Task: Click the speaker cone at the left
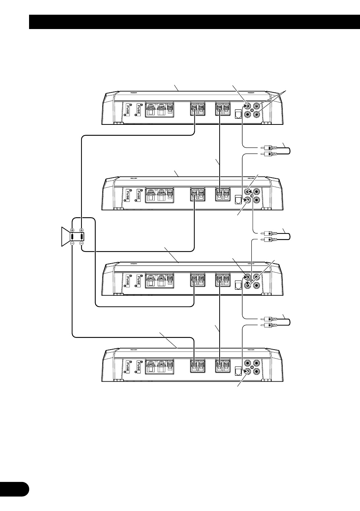[x=65, y=237]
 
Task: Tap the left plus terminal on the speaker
[x=72, y=230]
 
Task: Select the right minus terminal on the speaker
[x=82, y=243]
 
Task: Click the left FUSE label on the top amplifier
[x=128, y=110]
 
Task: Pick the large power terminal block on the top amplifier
[x=159, y=109]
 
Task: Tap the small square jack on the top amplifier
[x=238, y=114]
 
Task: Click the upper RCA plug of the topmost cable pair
[x=270, y=147]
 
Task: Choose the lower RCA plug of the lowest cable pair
[x=270, y=325]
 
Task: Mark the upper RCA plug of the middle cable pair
[x=270, y=233]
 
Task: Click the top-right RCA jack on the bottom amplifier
[x=257, y=363]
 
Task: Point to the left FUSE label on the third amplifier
[x=128, y=281]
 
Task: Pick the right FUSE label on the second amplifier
[x=138, y=195]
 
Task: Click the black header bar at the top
[x=194, y=22]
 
